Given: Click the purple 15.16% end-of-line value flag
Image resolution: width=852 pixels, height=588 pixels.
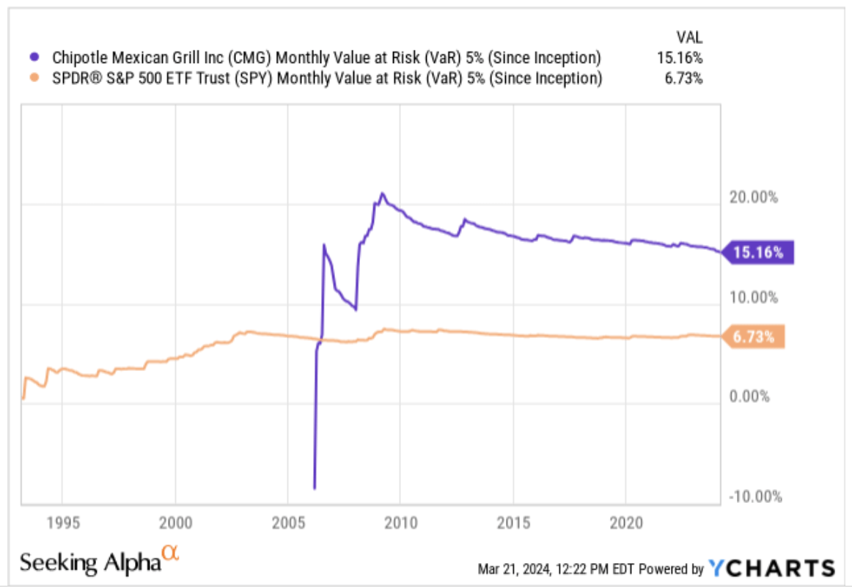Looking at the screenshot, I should (758, 253).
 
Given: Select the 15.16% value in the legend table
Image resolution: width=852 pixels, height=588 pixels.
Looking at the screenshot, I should (681, 58).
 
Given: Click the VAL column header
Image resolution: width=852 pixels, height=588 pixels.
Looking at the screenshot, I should (689, 37).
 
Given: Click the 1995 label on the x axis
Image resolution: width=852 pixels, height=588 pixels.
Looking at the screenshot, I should (62, 523).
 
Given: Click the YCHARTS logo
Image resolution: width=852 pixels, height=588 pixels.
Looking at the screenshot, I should (771, 568).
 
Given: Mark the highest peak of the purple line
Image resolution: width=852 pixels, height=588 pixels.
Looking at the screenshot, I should (381, 194).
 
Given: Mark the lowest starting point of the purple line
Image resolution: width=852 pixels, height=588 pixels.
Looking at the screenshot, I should (315, 488).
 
